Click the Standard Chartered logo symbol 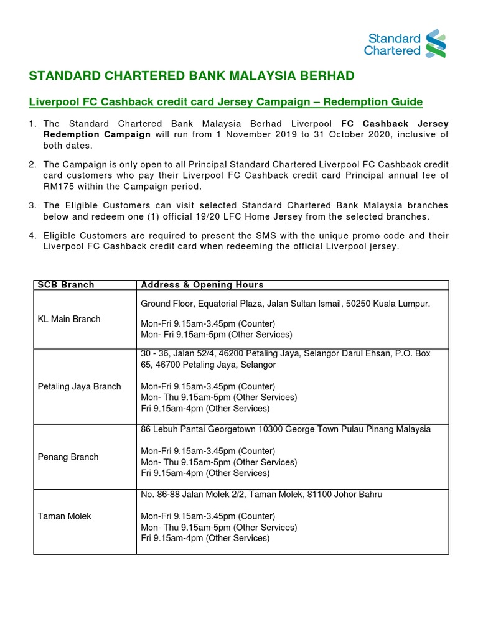435,43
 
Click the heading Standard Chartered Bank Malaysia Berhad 192,76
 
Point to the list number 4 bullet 32,235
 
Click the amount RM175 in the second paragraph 57,187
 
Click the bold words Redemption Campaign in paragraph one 96,135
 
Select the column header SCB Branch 66,285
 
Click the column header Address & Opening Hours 202,285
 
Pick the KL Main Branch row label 69,319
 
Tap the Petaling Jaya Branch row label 80,386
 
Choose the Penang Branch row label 68,457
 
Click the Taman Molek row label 65,516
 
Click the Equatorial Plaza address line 285,304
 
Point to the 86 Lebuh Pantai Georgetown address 286,429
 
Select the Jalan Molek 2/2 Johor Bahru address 261,495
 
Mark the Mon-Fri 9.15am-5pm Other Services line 216,335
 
